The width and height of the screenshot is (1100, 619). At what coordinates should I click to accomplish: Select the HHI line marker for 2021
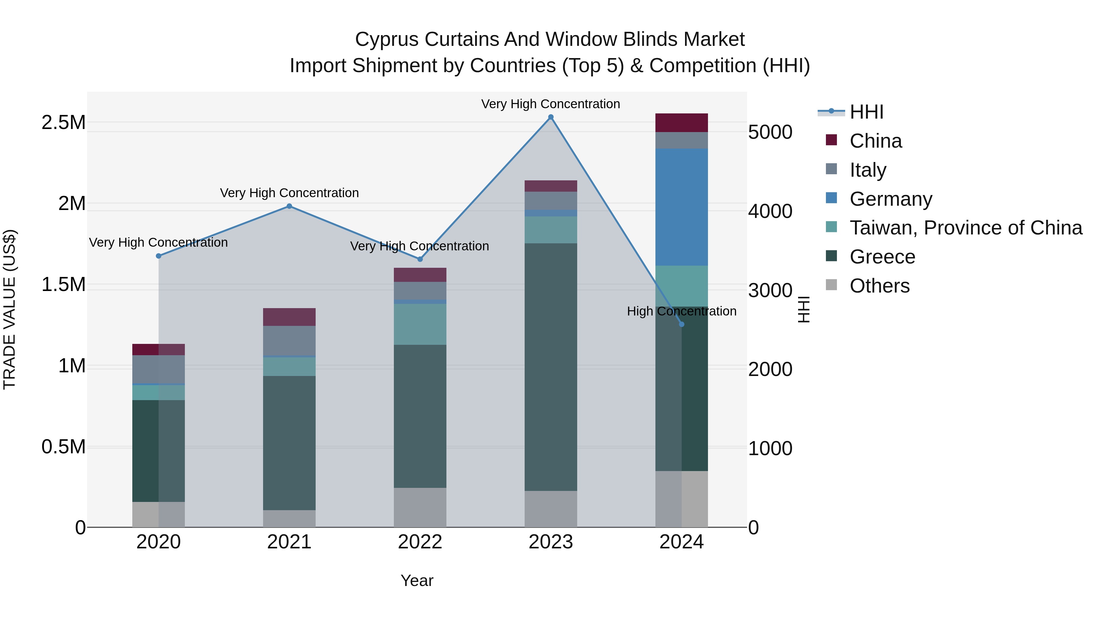click(x=289, y=206)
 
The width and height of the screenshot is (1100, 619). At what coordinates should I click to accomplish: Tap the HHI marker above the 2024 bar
click(x=681, y=324)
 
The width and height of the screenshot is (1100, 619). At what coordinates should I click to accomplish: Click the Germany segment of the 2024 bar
click(x=681, y=207)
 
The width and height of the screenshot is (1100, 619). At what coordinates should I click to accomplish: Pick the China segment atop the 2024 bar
click(x=681, y=123)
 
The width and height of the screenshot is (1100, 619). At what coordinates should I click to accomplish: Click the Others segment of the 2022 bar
click(x=420, y=507)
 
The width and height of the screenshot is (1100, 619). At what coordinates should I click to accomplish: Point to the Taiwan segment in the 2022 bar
click(x=420, y=324)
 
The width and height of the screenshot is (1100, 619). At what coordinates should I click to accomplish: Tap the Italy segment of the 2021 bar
click(x=289, y=341)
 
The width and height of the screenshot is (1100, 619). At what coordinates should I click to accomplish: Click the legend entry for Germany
click(x=890, y=199)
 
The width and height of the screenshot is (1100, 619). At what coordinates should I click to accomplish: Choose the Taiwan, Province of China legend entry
click(x=965, y=228)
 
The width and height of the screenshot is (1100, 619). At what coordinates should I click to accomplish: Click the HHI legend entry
click(x=866, y=112)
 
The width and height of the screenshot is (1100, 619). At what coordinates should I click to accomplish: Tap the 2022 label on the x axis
click(x=420, y=542)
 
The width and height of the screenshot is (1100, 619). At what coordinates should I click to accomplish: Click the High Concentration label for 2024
click(x=681, y=311)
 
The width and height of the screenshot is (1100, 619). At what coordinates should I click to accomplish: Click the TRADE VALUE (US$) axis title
click(x=9, y=309)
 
